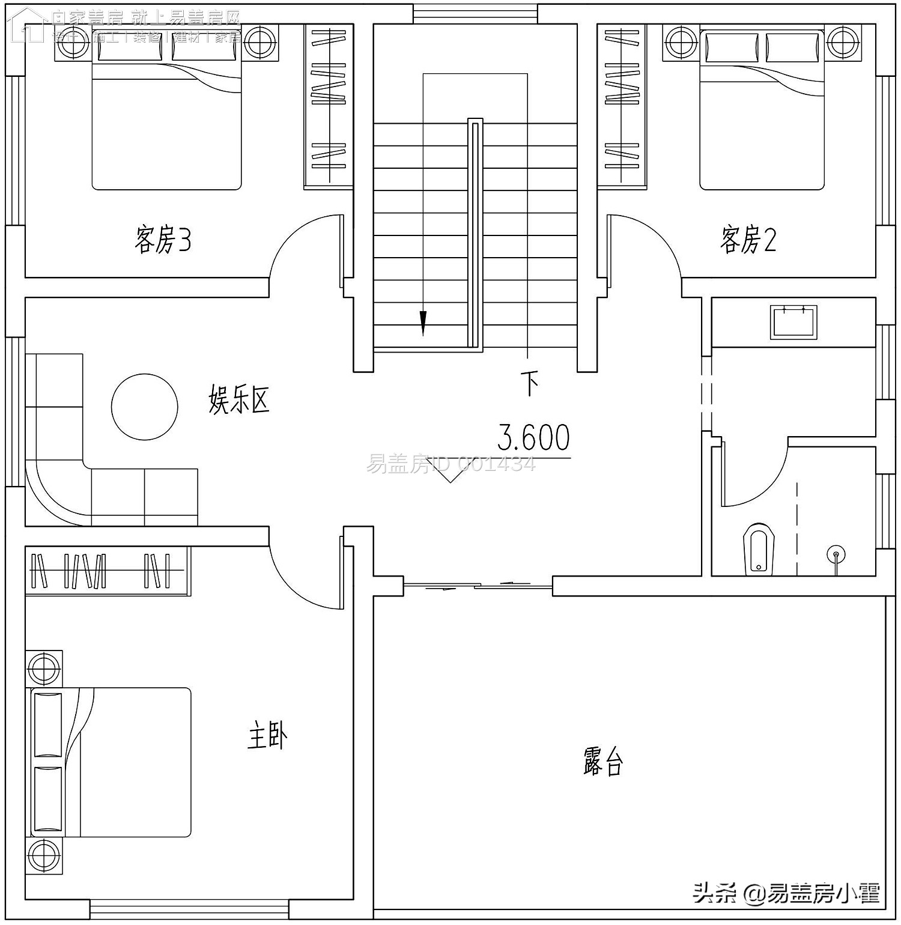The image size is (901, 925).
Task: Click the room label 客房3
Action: click(163, 240)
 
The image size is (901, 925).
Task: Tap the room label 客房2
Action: click(748, 240)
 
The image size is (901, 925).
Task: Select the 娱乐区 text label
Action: click(238, 399)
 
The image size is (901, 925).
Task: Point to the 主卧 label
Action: click(267, 736)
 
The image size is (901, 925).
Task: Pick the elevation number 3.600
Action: click(533, 438)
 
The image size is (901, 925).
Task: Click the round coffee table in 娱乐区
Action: click(145, 406)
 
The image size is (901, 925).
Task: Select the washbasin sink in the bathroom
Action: click(794, 323)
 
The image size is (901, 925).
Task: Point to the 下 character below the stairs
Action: click(529, 383)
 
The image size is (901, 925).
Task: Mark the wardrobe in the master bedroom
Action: click(108, 571)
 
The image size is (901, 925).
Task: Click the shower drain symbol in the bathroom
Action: click(836, 554)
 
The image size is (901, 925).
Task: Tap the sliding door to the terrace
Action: click(478, 584)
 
